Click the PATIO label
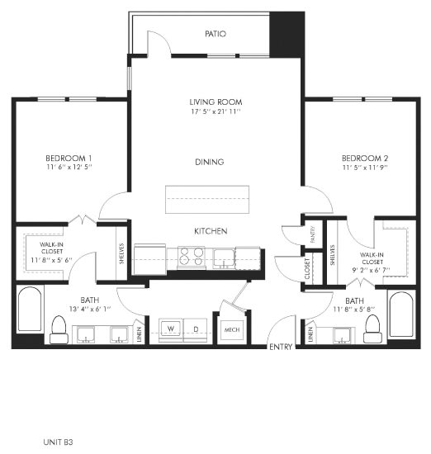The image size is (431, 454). (x=215, y=34)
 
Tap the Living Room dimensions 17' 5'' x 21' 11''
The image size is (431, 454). (x=215, y=111)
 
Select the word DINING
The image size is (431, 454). (x=210, y=162)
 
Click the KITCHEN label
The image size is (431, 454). (x=211, y=231)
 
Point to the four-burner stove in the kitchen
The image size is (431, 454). (x=191, y=257)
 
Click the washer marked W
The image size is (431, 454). (x=171, y=329)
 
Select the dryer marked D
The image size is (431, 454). (x=196, y=329)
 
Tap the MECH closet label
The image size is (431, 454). (x=232, y=330)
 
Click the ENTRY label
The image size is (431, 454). (x=281, y=347)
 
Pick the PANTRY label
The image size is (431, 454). (x=312, y=234)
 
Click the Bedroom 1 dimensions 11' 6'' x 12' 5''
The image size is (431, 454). (x=69, y=167)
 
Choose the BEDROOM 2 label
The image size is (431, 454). (x=365, y=158)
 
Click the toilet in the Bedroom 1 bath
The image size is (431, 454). (x=59, y=330)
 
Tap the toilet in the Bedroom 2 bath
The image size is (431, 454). (x=372, y=329)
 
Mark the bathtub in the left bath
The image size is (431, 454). (x=30, y=309)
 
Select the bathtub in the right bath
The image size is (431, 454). (x=401, y=314)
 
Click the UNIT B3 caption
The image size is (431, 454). (x=58, y=442)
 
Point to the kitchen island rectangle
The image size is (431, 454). (x=207, y=200)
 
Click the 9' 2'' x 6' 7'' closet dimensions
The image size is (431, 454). (x=371, y=270)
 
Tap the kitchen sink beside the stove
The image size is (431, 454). (x=224, y=258)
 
